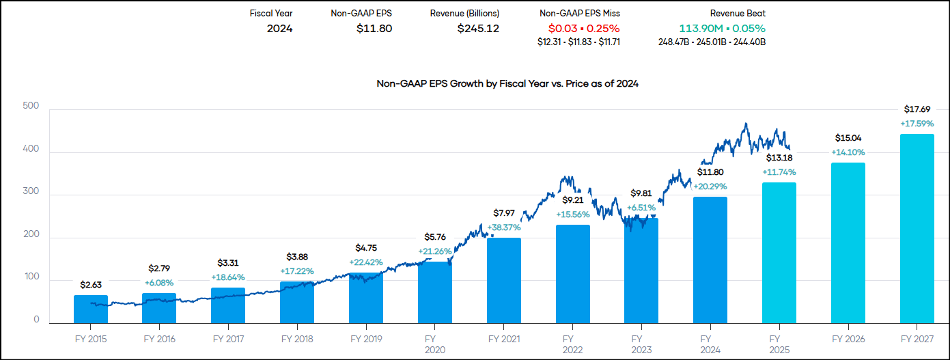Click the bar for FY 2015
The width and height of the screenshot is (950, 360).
[x=91, y=309]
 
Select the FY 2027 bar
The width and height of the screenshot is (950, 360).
[x=917, y=229]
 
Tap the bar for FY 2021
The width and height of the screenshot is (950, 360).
[x=504, y=281]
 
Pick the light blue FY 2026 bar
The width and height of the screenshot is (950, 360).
[x=848, y=243]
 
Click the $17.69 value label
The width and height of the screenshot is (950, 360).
[x=917, y=109]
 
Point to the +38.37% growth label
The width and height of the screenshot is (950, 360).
[x=504, y=227]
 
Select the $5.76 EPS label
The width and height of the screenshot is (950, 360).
[x=435, y=238]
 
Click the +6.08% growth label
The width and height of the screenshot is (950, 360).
[x=159, y=282]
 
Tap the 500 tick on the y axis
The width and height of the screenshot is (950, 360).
[x=31, y=107]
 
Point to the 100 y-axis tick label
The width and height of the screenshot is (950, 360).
[x=31, y=279]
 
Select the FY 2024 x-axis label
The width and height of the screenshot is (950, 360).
[x=710, y=344]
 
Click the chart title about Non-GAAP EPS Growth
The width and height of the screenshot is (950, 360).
[x=507, y=84]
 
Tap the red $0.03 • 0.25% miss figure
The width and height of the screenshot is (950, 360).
[x=584, y=29]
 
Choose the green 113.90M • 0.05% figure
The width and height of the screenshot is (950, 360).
[x=722, y=29]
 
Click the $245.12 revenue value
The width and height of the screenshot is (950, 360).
[x=478, y=29]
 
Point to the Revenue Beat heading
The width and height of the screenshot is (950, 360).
[x=738, y=13]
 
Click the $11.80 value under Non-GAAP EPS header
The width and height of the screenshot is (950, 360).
[x=374, y=29]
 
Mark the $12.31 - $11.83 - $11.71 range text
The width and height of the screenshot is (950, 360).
[x=579, y=42]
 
